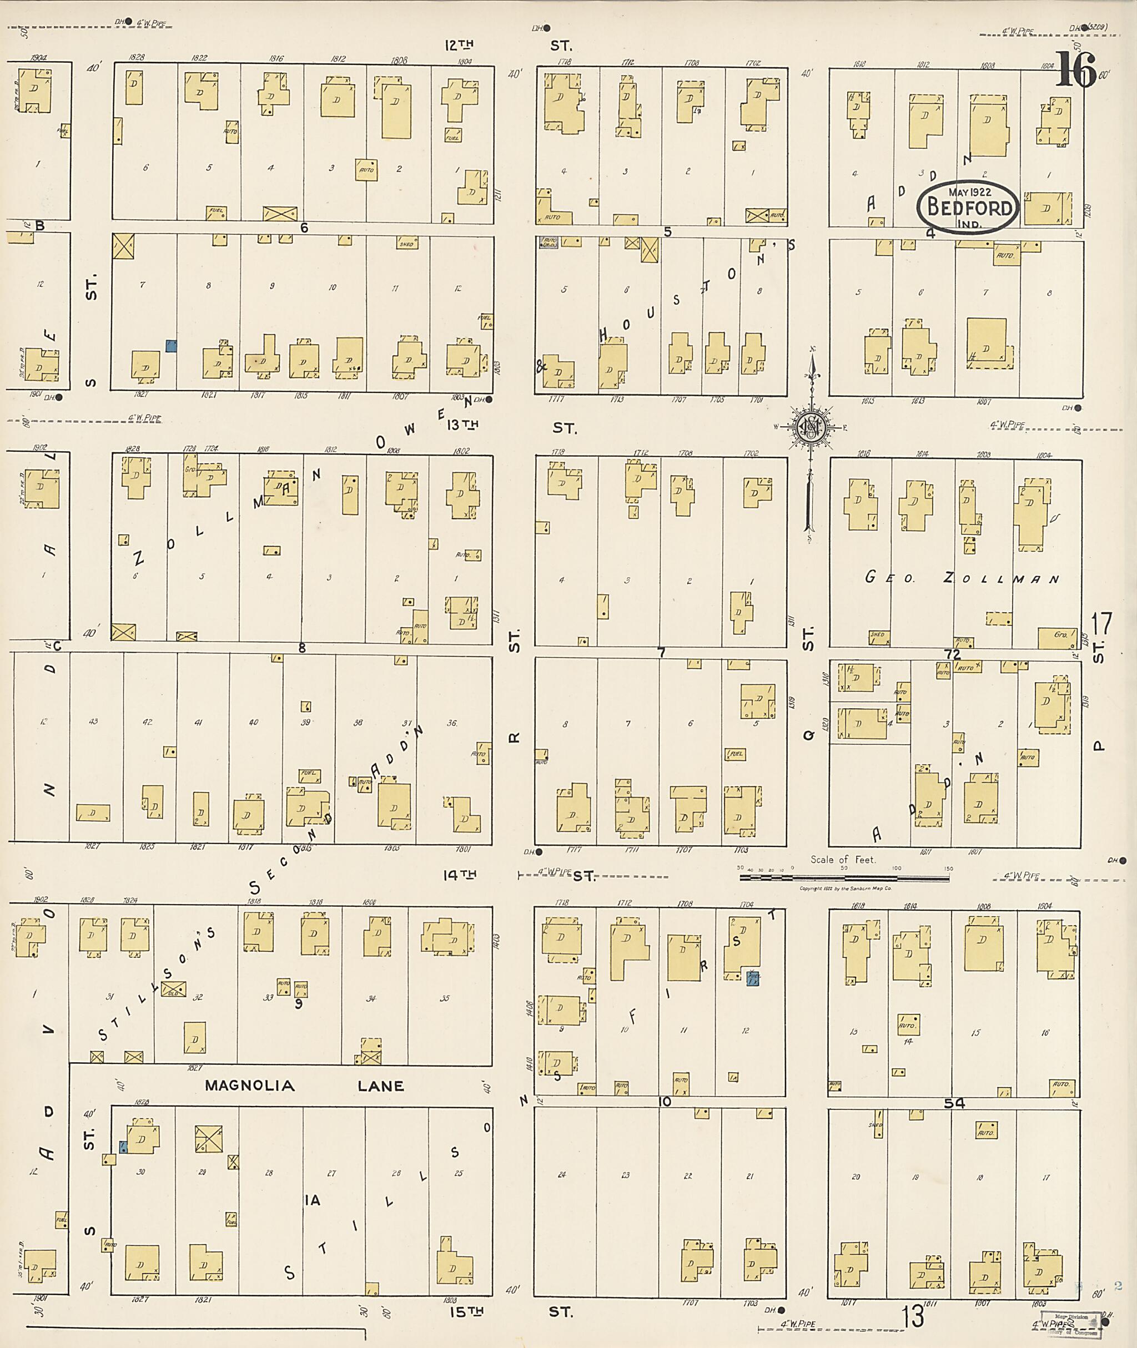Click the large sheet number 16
pyautogui.click(x=1075, y=71)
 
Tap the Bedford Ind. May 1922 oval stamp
pyautogui.click(x=969, y=207)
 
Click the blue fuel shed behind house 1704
pyautogui.click(x=753, y=979)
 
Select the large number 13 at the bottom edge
pyautogui.click(x=913, y=1316)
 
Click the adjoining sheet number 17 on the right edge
pyautogui.click(x=1101, y=624)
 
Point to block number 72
pyautogui.click(x=952, y=655)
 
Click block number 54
pyautogui.click(x=954, y=1104)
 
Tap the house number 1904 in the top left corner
pyautogui.click(x=39, y=57)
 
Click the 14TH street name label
pyautogui.click(x=460, y=875)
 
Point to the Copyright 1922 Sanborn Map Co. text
pyautogui.click(x=845, y=888)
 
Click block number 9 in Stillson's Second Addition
pyautogui.click(x=299, y=1003)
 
